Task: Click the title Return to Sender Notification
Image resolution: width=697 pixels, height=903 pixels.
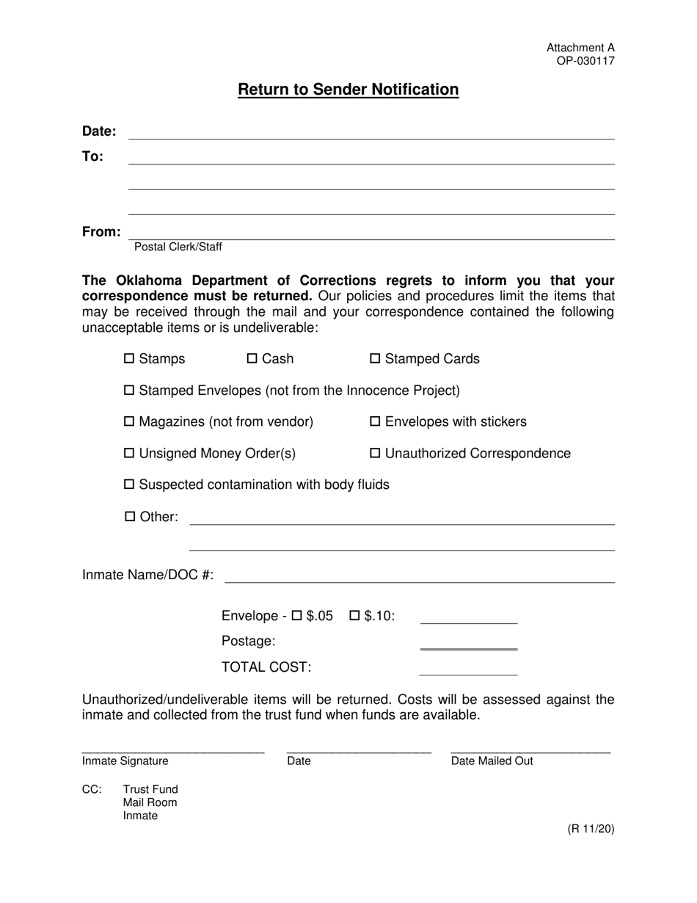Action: click(348, 90)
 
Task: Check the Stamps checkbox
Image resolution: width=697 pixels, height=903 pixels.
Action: click(130, 359)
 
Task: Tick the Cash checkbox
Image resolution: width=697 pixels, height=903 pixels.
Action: click(252, 359)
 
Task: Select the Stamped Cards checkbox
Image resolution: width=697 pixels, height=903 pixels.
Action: click(376, 359)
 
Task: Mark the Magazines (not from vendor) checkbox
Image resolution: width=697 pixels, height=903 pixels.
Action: click(130, 422)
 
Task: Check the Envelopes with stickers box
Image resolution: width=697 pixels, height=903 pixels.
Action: click(376, 422)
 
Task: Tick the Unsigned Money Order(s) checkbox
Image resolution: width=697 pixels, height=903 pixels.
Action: click(130, 454)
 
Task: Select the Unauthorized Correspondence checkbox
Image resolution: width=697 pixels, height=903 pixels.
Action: click(376, 454)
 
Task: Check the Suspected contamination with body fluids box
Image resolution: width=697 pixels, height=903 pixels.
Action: click(130, 485)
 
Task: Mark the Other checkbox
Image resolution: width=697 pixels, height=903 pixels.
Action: click(130, 517)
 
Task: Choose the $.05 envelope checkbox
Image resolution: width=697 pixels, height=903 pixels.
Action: click(298, 616)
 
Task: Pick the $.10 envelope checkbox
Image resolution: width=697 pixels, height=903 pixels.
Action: click(354, 616)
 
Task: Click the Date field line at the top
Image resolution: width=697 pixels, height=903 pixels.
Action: click(371, 133)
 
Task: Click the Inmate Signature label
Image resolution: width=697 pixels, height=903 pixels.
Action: click(125, 761)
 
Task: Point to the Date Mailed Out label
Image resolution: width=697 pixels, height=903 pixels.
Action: click(492, 761)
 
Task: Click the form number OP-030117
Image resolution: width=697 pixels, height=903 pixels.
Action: click(585, 61)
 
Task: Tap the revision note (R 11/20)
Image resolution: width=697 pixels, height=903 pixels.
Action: click(591, 830)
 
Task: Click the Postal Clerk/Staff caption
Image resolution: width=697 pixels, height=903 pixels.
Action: click(178, 247)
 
